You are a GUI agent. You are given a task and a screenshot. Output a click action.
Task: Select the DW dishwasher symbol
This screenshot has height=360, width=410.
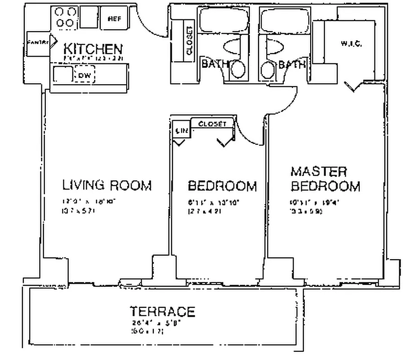85,75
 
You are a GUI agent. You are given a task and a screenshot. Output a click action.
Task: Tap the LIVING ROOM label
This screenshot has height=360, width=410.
107,185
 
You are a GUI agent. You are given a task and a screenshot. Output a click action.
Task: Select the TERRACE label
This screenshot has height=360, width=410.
162,311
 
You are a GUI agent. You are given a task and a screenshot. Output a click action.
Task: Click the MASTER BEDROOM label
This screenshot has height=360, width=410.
325,179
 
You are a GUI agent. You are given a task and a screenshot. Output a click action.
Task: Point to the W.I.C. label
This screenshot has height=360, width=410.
351,44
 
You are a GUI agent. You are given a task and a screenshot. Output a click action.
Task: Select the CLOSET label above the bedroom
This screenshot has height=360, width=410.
212,124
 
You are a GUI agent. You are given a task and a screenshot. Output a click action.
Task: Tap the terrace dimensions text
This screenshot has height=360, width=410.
153,327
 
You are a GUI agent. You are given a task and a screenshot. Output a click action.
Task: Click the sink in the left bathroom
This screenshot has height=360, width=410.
238,70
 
